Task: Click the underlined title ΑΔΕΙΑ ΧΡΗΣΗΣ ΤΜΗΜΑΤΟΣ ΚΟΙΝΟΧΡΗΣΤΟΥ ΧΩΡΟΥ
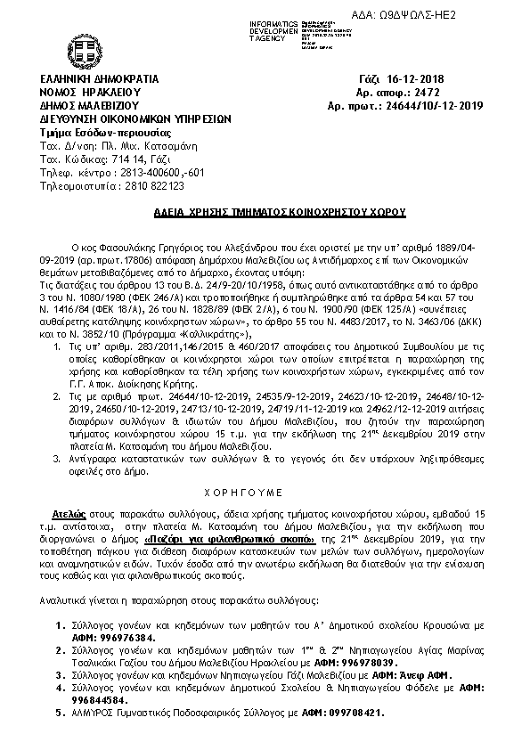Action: (x=264, y=215)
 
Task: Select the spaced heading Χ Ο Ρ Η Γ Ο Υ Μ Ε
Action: (x=265, y=490)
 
